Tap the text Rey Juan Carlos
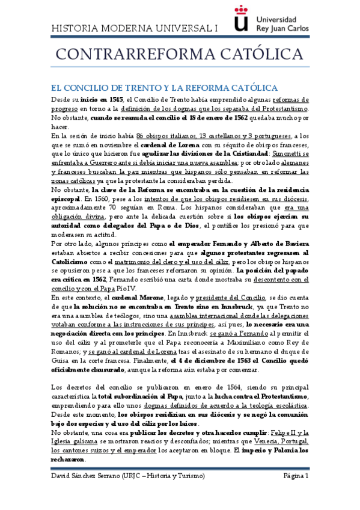[282, 28]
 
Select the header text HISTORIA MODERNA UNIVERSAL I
[135, 28]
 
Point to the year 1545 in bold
[115, 99]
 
